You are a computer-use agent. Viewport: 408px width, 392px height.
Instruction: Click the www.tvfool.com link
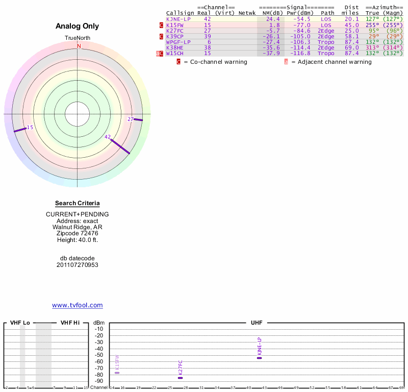pos(78,305)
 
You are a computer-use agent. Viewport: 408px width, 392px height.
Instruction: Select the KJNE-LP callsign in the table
pos(177,19)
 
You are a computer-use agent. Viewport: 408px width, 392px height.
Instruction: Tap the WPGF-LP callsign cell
pos(178,42)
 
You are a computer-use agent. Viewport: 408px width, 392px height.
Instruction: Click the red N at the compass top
pos(79,46)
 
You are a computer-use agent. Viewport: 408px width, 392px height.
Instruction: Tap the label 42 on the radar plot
pos(108,137)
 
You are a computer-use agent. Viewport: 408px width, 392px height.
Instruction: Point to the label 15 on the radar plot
pos(30,127)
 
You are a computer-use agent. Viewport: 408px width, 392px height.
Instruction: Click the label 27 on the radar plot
pos(131,119)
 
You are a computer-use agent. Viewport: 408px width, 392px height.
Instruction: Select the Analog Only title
pos(78,27)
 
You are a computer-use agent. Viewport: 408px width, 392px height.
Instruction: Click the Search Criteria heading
pos(78,203)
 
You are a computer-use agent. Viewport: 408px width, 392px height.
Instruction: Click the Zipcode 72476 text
pos(78,233)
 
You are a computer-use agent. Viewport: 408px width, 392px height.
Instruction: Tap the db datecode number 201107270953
pos(78,265)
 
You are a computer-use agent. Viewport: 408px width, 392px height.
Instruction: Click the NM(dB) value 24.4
pos(273,19)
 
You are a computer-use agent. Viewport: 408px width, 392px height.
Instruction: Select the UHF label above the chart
pos(256,323)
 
